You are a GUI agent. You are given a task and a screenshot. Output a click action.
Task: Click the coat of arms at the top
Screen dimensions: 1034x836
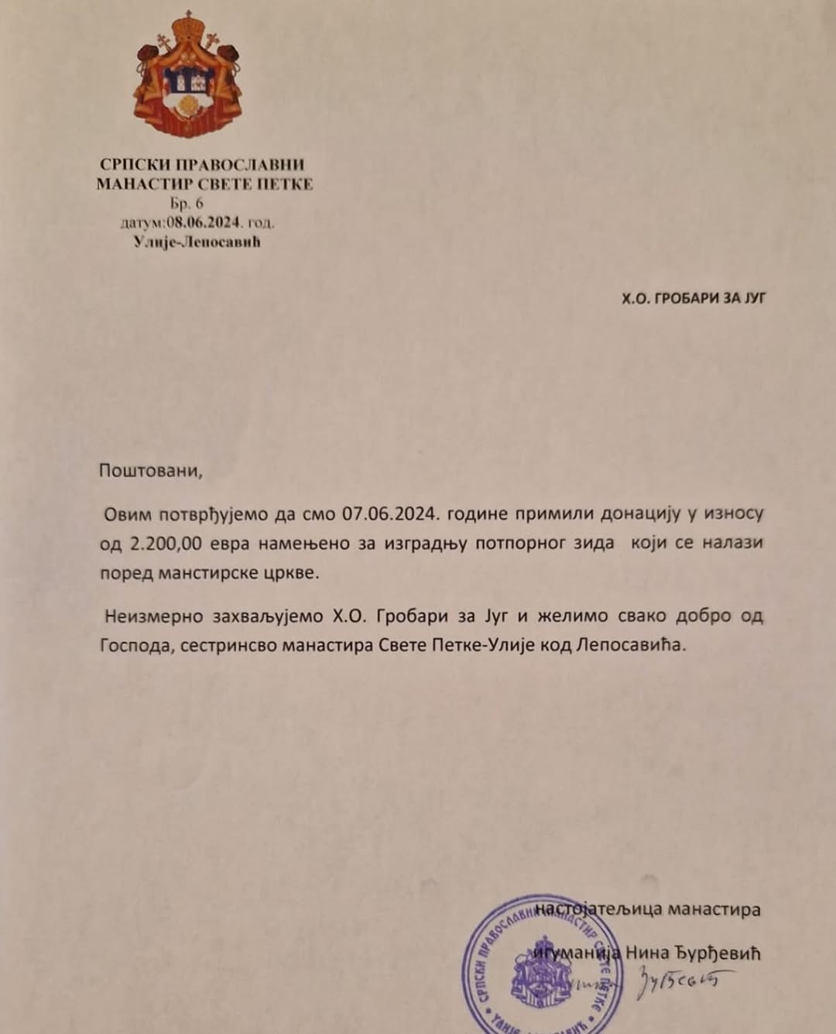tap(187, 75)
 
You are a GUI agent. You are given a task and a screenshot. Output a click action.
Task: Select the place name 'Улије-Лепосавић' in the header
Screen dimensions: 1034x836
tap(197, 242)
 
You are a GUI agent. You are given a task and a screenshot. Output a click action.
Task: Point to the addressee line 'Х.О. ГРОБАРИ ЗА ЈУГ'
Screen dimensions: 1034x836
tap(694, 297)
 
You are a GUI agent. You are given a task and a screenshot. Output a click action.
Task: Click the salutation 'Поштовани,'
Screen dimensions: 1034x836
tap(150, 470)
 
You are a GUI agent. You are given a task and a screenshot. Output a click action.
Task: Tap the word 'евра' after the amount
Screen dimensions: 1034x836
tap(229, 544)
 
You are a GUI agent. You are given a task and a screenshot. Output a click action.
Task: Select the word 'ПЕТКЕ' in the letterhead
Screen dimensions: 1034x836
tap(285, 184)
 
